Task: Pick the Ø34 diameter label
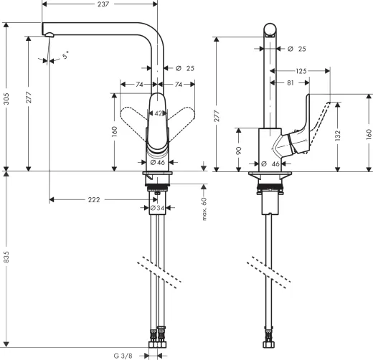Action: click(x=156, y=209)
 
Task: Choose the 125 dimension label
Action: click(x=302, y=71)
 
